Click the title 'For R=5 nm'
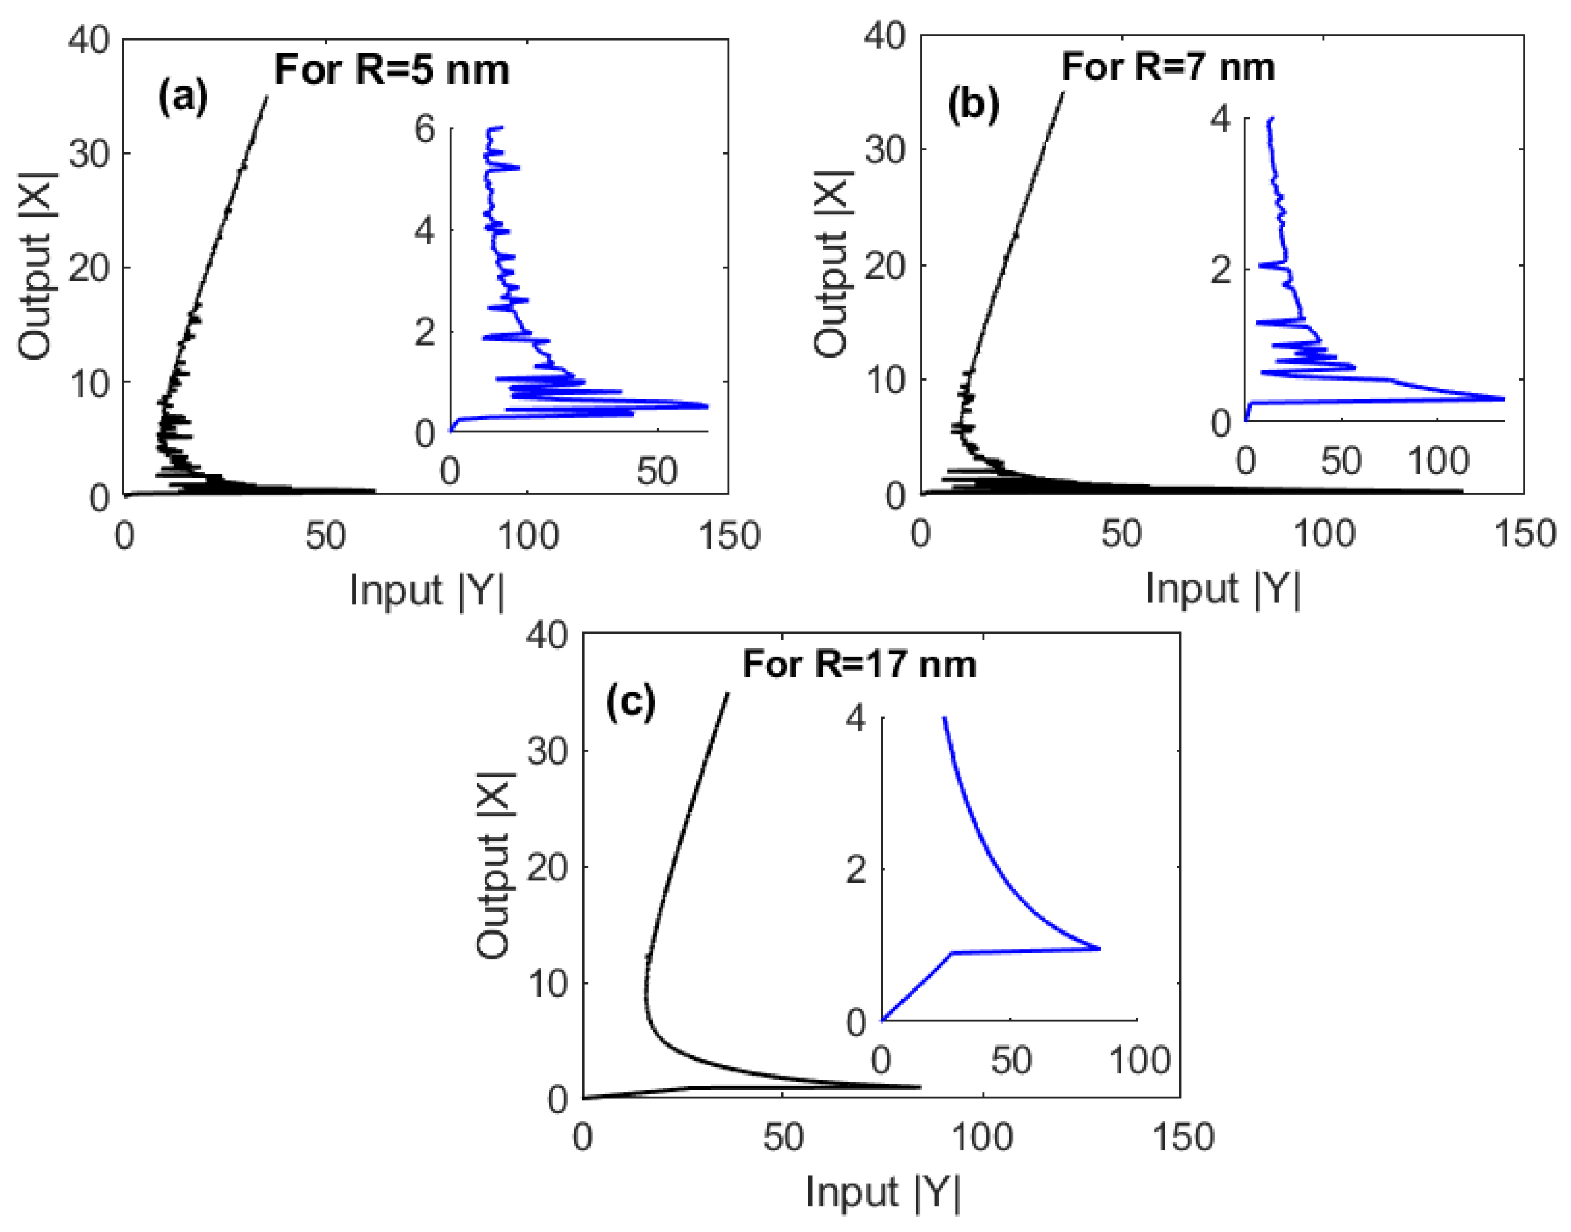point(392,71)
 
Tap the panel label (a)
point(183,98)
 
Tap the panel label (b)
point(973,105)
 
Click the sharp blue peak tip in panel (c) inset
point(1099,948)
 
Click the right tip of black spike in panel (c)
point(921,1086)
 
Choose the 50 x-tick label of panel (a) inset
point(656,472)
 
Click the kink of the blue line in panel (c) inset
point(953,953)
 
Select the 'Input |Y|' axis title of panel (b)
point(1223,588)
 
